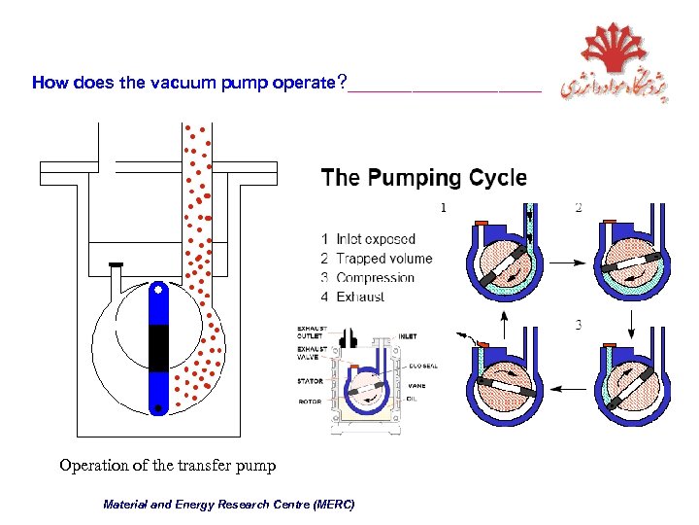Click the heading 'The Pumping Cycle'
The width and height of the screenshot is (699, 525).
tap(423, 178)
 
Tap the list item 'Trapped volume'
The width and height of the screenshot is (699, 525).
tap(383, 259)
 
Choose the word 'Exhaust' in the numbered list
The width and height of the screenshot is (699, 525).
tap(360, 297)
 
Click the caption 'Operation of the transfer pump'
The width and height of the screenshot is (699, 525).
tap(167, 465)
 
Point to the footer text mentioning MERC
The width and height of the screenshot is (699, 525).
tap(229, 505)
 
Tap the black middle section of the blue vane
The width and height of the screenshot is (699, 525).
tap(156, 348)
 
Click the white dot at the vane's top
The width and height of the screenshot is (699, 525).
tap(156, 290)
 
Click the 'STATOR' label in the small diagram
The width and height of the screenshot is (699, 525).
tap(310, 382)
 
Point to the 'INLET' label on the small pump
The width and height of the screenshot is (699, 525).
tap(407, 336)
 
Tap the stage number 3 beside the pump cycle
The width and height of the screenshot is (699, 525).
tap(578, 324)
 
